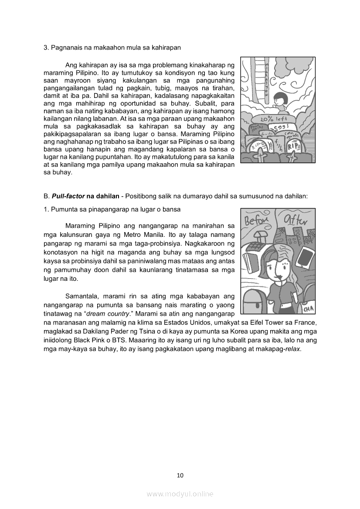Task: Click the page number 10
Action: (x=180, y=475)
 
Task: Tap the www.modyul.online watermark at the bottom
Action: (x=180, y=494)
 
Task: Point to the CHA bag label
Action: (x=309, y=309)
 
